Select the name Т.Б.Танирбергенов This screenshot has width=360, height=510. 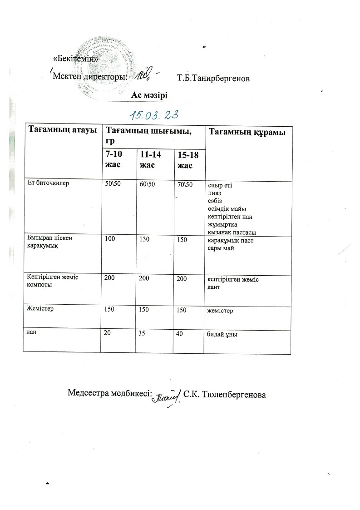click(213, 79)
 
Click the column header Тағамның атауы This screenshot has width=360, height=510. click(63, 131)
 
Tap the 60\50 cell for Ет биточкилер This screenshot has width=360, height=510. click(148, 185)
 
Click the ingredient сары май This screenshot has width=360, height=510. click(221, 247)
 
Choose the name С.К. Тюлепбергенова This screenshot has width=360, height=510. click(224, 393)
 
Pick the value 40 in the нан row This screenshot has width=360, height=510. click(180, 333)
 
